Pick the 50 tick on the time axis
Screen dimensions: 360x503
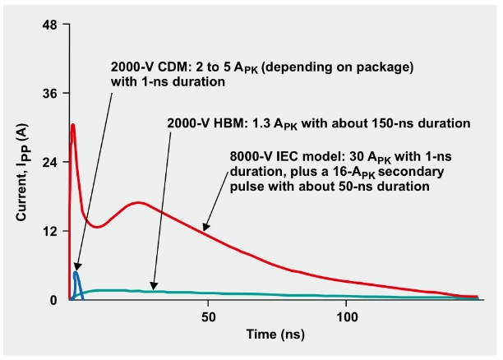pos(208,316)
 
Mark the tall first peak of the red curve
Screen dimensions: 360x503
pos(73,125)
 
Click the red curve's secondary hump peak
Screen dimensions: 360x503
pos(139,202)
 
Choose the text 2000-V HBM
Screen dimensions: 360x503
pos(200,123)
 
